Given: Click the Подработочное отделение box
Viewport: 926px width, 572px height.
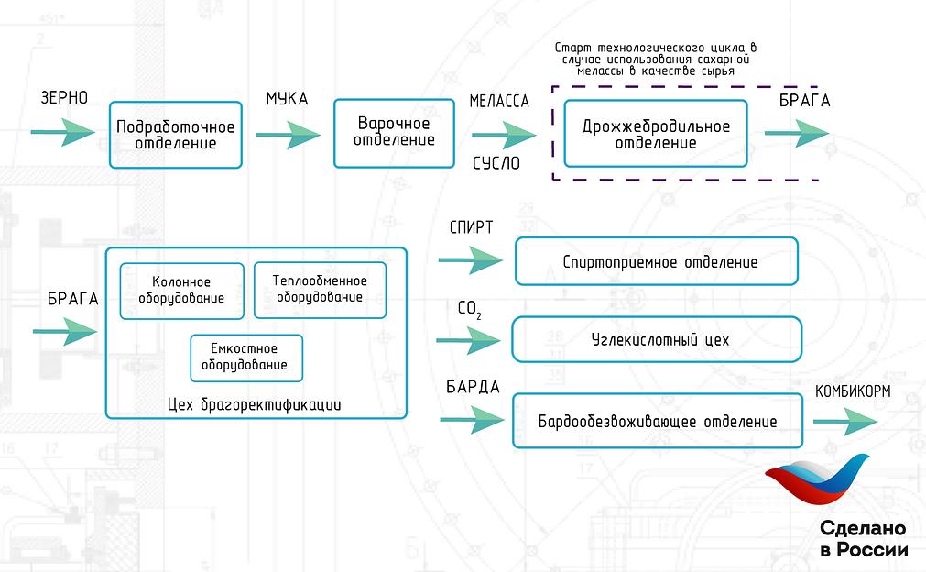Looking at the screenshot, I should click(175, 135).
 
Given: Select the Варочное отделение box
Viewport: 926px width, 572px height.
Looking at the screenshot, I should click(395, 132).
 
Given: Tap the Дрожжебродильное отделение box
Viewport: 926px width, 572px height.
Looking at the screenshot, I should click(656, 134).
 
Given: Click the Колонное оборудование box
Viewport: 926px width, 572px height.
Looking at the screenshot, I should click(181, 291).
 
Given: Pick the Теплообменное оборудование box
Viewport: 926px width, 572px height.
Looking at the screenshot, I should click(320, 290).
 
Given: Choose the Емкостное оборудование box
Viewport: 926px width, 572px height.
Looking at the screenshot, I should click(245, 357).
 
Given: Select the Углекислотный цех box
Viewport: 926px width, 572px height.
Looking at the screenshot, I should click(656, 339).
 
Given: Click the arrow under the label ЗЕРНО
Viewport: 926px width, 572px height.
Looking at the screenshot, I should click(62, 132).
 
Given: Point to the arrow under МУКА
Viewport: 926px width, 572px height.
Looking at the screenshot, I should click(289, 135).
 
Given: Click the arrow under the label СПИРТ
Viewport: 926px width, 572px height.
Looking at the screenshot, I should click(470, 261).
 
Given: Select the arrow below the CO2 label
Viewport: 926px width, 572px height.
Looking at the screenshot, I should click(468, 341).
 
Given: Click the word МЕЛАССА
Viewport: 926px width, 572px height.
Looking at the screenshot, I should click(499, 102).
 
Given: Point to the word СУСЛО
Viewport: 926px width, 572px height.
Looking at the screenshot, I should click(496, 164).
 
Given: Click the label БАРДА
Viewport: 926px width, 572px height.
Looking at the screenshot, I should click(473, 387).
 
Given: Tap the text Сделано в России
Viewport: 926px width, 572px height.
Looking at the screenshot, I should click(863, 540).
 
